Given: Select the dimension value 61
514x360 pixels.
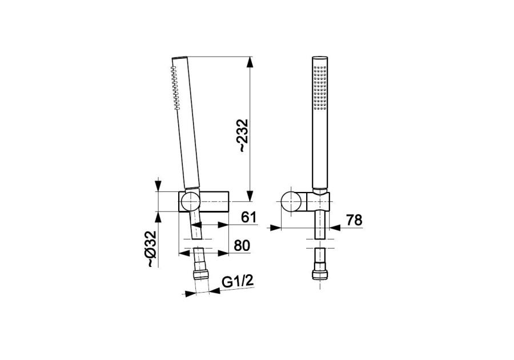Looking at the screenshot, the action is tap(248, 217).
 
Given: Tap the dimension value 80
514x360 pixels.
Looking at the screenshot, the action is tap(242, 246).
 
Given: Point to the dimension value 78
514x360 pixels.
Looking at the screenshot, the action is tap(354, 220).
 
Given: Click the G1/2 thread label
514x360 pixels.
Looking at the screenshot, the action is tap(238, 281).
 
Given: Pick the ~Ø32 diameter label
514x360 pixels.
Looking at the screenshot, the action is tap(151, 249).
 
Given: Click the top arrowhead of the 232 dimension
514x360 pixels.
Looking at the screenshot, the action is tap(250, 62).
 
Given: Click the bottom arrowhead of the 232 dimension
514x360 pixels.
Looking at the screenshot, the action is tap(250, 196).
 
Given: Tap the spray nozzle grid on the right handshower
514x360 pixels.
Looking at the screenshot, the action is tap(320, 87).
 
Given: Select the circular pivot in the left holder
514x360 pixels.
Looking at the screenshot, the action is tap(191, 201).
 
